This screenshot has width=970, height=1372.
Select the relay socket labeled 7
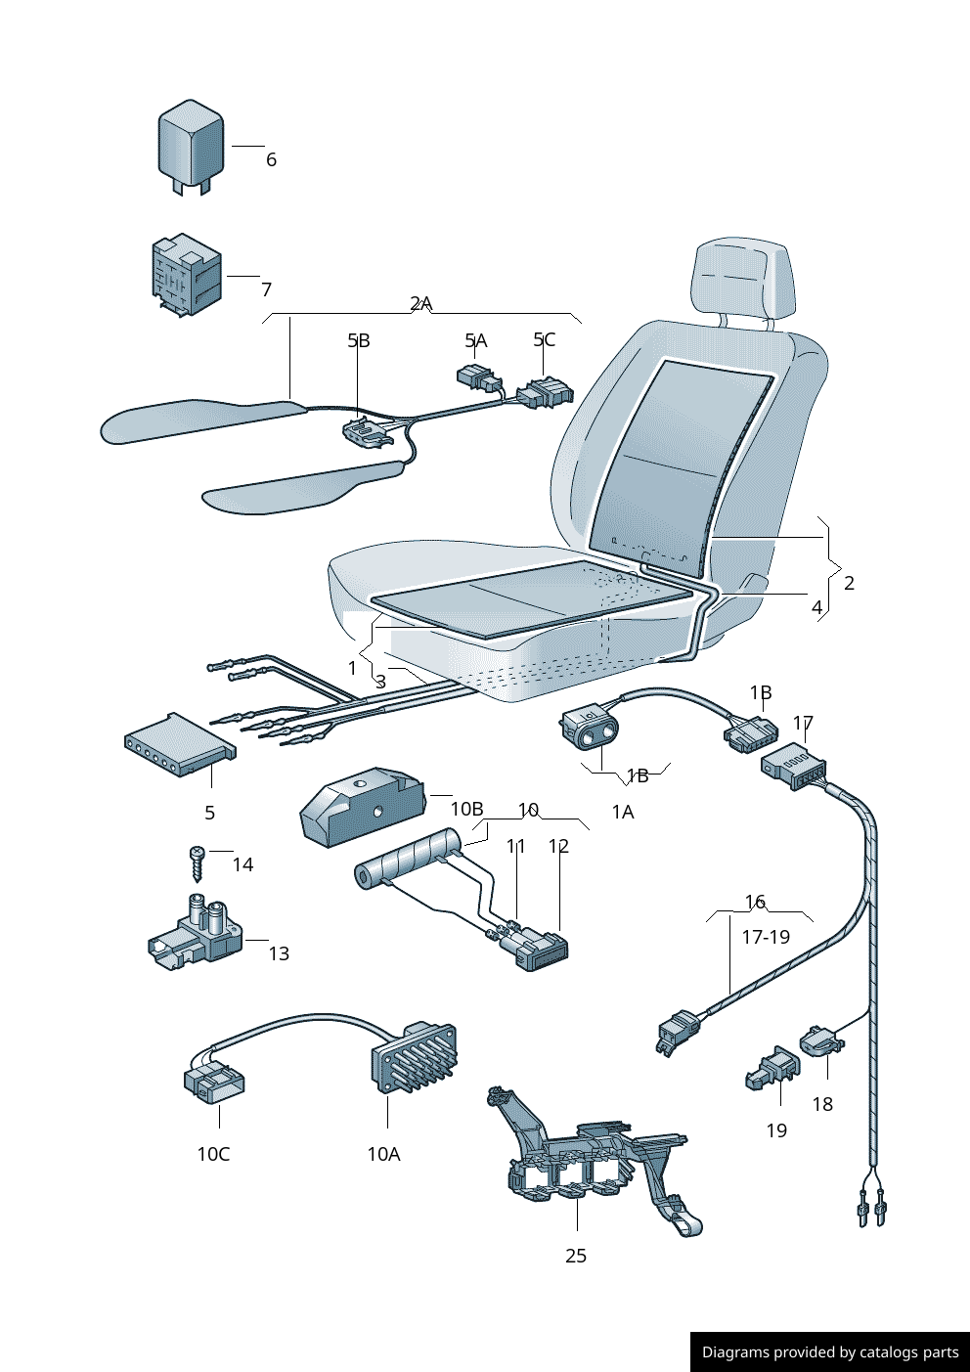[x=186, y=275]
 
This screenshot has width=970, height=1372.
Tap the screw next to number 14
[x=197, y=863]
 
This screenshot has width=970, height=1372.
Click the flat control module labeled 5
[x=179, y=746]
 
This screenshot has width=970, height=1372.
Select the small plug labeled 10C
[x=214, y=1082]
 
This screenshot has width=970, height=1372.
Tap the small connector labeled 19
[x=772, y=1068]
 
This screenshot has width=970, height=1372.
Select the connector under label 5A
[x=477, y=377]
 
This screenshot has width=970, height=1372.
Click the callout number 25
[x=576, y=1256]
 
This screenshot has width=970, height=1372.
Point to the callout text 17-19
[x=766, y=937]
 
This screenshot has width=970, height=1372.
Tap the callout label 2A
[x=420, y=303]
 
